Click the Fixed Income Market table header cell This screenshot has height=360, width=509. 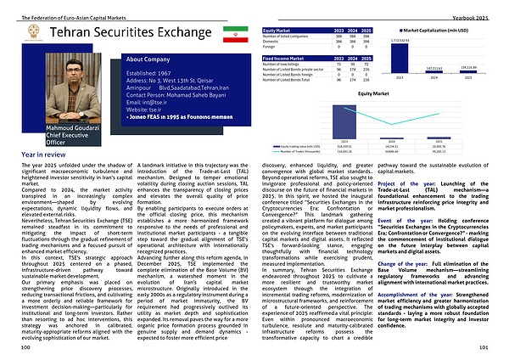click(x=282, y=56)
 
